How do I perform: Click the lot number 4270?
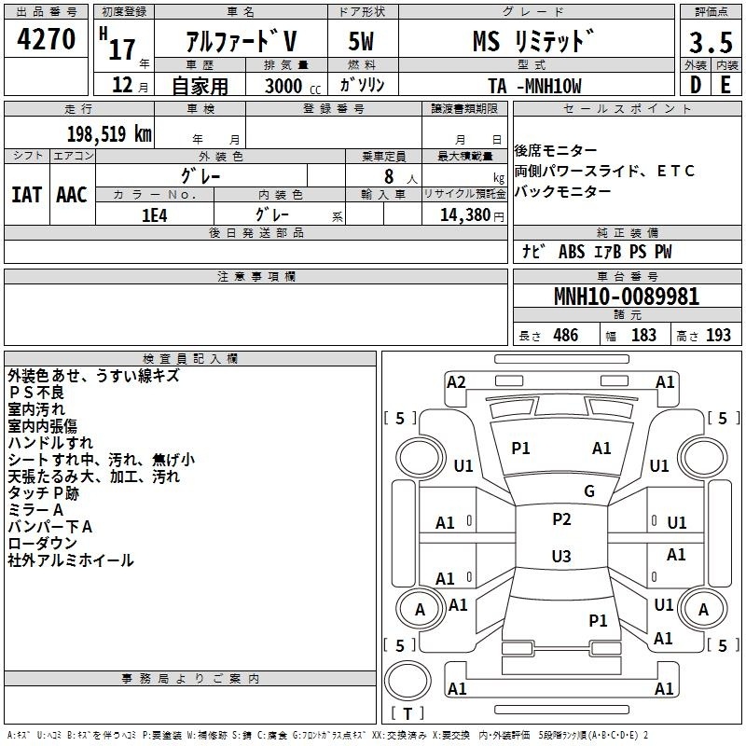click(x=46, y=38)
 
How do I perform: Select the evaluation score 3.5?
click(x=711, y=42)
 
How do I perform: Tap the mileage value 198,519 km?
click(x=109, y=134)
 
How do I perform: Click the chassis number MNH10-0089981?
click(x=627, y=297)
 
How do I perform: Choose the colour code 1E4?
click(x=155, y=215)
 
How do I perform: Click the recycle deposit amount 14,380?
click(x=465, y=214)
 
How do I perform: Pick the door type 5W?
click(x=361, y=41)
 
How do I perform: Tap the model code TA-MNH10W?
click(x=534, y=86)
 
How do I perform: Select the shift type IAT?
click(x=26, y=195)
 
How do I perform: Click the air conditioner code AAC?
click(x=72, y=195)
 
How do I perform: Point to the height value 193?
click(x=718, y=335)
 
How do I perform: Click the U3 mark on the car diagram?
click(x=561, y=556)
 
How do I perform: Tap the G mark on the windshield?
click(x=589, y=490)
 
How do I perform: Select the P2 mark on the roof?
click(x=561, y=518)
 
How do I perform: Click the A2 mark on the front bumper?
click(x=456, y=382)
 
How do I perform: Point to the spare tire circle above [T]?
click(x=408, y=681)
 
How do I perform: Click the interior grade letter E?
click(x=725, y=85)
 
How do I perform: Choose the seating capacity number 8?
click(x=389, y=176)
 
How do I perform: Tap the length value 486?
click(x=566, y=335)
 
